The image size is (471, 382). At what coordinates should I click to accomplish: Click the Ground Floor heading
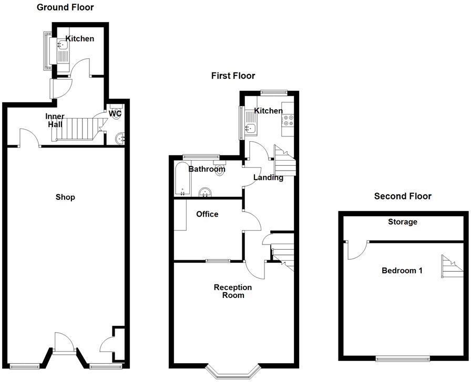click(65, 7)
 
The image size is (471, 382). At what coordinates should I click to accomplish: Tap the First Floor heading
click(233, 76)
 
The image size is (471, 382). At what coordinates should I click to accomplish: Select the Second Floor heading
click(403, 196)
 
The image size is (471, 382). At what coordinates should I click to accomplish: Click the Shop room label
click(65, 197)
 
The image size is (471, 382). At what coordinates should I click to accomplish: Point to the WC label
click(115, 113)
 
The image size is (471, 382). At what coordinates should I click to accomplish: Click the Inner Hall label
click(55, 120)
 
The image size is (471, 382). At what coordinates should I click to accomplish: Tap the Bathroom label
click(207, 169)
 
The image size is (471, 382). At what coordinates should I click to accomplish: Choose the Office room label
click(207, 214)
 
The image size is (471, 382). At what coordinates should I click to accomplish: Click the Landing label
click(268, 177)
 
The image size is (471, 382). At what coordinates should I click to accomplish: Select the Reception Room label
click(233, 291)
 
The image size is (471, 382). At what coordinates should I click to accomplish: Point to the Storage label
click(403, 222)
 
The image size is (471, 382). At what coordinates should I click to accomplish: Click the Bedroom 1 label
click(402, 271)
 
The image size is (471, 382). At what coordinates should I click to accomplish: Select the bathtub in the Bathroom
click(181, 179)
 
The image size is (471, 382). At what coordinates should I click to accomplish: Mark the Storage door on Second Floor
click(356, 250)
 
